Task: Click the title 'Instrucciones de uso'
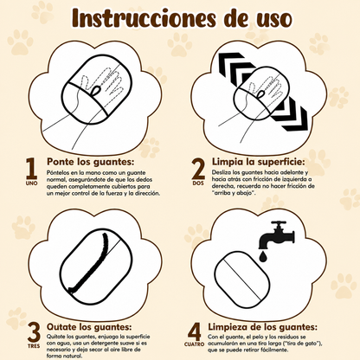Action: tap(182, 18)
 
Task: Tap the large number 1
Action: tap(32, 170)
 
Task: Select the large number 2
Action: tap(198, 170)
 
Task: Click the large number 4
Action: tap(195, 331)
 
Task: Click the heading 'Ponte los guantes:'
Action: tap(91, 162)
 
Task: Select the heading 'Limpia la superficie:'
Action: tap(259, 162)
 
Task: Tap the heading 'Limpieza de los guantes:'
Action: tap(262, 327)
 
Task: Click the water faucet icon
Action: tap(277, 235)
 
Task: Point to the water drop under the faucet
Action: tap(262, 257)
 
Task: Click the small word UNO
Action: tap(31, 183)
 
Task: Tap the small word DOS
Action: tap(198, 183)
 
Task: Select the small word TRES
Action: tap(34, 346)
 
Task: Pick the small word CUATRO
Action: tap(194, 344)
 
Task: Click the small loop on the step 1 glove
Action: tap(96, 91)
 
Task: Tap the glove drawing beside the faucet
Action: tap(242, 280)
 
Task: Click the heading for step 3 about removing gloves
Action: tap(89, 327)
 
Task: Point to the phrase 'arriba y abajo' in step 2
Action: tap(234, 193)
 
